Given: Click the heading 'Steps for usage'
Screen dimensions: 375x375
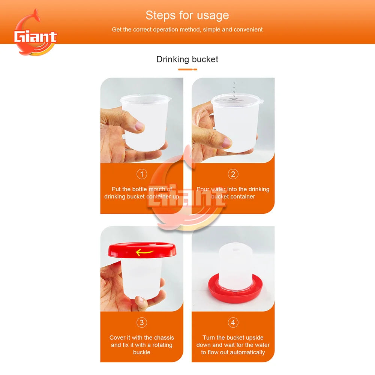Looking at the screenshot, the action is [187, 15].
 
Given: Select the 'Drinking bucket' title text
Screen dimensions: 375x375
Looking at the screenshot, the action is [187, 59].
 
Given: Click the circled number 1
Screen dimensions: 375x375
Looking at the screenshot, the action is [142, 174].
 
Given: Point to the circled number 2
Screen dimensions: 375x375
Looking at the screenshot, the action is [233, 174].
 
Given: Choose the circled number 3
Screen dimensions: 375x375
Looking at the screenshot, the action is [142, 322].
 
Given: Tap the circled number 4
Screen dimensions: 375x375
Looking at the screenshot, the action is [233, 322].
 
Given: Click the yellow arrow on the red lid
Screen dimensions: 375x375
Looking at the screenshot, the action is [144, 252].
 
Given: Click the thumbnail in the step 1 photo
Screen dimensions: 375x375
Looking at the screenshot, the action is [139, 126].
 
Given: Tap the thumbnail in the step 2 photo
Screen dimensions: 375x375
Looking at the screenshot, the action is [226, 142].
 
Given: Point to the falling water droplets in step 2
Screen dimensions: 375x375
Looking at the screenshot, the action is [234, 90].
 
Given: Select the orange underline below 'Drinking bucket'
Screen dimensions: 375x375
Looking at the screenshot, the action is [187, 69].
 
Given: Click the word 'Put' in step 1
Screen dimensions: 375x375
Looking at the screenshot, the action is [116, 189].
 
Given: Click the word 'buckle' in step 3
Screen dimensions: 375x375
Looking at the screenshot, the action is [142, 352].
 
